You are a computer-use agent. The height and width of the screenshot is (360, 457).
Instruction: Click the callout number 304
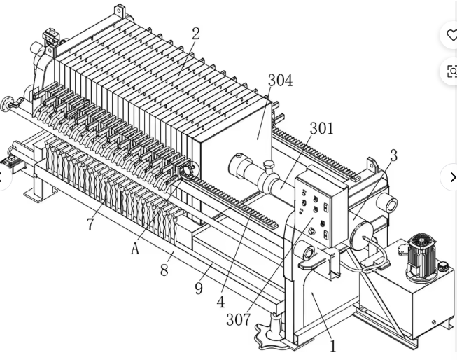click(x=280, y=81)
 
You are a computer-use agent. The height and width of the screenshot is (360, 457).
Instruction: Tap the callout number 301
click(x=321, y=128)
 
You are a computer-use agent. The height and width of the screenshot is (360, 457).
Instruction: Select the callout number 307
click(x=239, y=319)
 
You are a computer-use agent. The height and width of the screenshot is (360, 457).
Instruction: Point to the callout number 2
click(x=196, y=34)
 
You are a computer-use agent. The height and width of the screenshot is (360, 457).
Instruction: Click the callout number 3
click(x=393, y=155)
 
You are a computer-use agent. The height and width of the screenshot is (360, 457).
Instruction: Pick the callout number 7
click(x=91, y=223)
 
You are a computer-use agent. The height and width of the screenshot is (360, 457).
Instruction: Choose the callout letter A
click(x=135, y=249)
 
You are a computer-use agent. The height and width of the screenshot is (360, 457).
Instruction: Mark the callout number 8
click(x=164, y=270)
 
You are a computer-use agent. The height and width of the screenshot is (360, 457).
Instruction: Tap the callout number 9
click(x=199, y=289)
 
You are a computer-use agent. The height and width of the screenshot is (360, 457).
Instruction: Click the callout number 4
click(x=220, y=302)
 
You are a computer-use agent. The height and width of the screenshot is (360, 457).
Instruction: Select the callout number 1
click(x=333, y=346)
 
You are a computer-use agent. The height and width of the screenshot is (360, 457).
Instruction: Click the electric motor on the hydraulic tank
click(x=421, y=256)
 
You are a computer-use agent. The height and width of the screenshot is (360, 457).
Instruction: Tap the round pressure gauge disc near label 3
click(x=362, y=235)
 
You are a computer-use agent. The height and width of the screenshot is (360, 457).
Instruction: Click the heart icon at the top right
click(x=451, y=35)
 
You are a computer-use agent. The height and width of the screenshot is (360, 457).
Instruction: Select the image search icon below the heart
click(x=452, y=71)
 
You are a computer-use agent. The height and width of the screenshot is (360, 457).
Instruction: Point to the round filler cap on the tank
click(x=443, y=266)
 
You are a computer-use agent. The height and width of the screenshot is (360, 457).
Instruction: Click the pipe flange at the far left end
click(x=6, y=104)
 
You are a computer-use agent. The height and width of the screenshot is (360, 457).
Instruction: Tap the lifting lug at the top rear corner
click(x=119, y=12)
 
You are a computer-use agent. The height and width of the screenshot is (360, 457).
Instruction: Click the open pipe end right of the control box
click(x=388, y=204)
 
